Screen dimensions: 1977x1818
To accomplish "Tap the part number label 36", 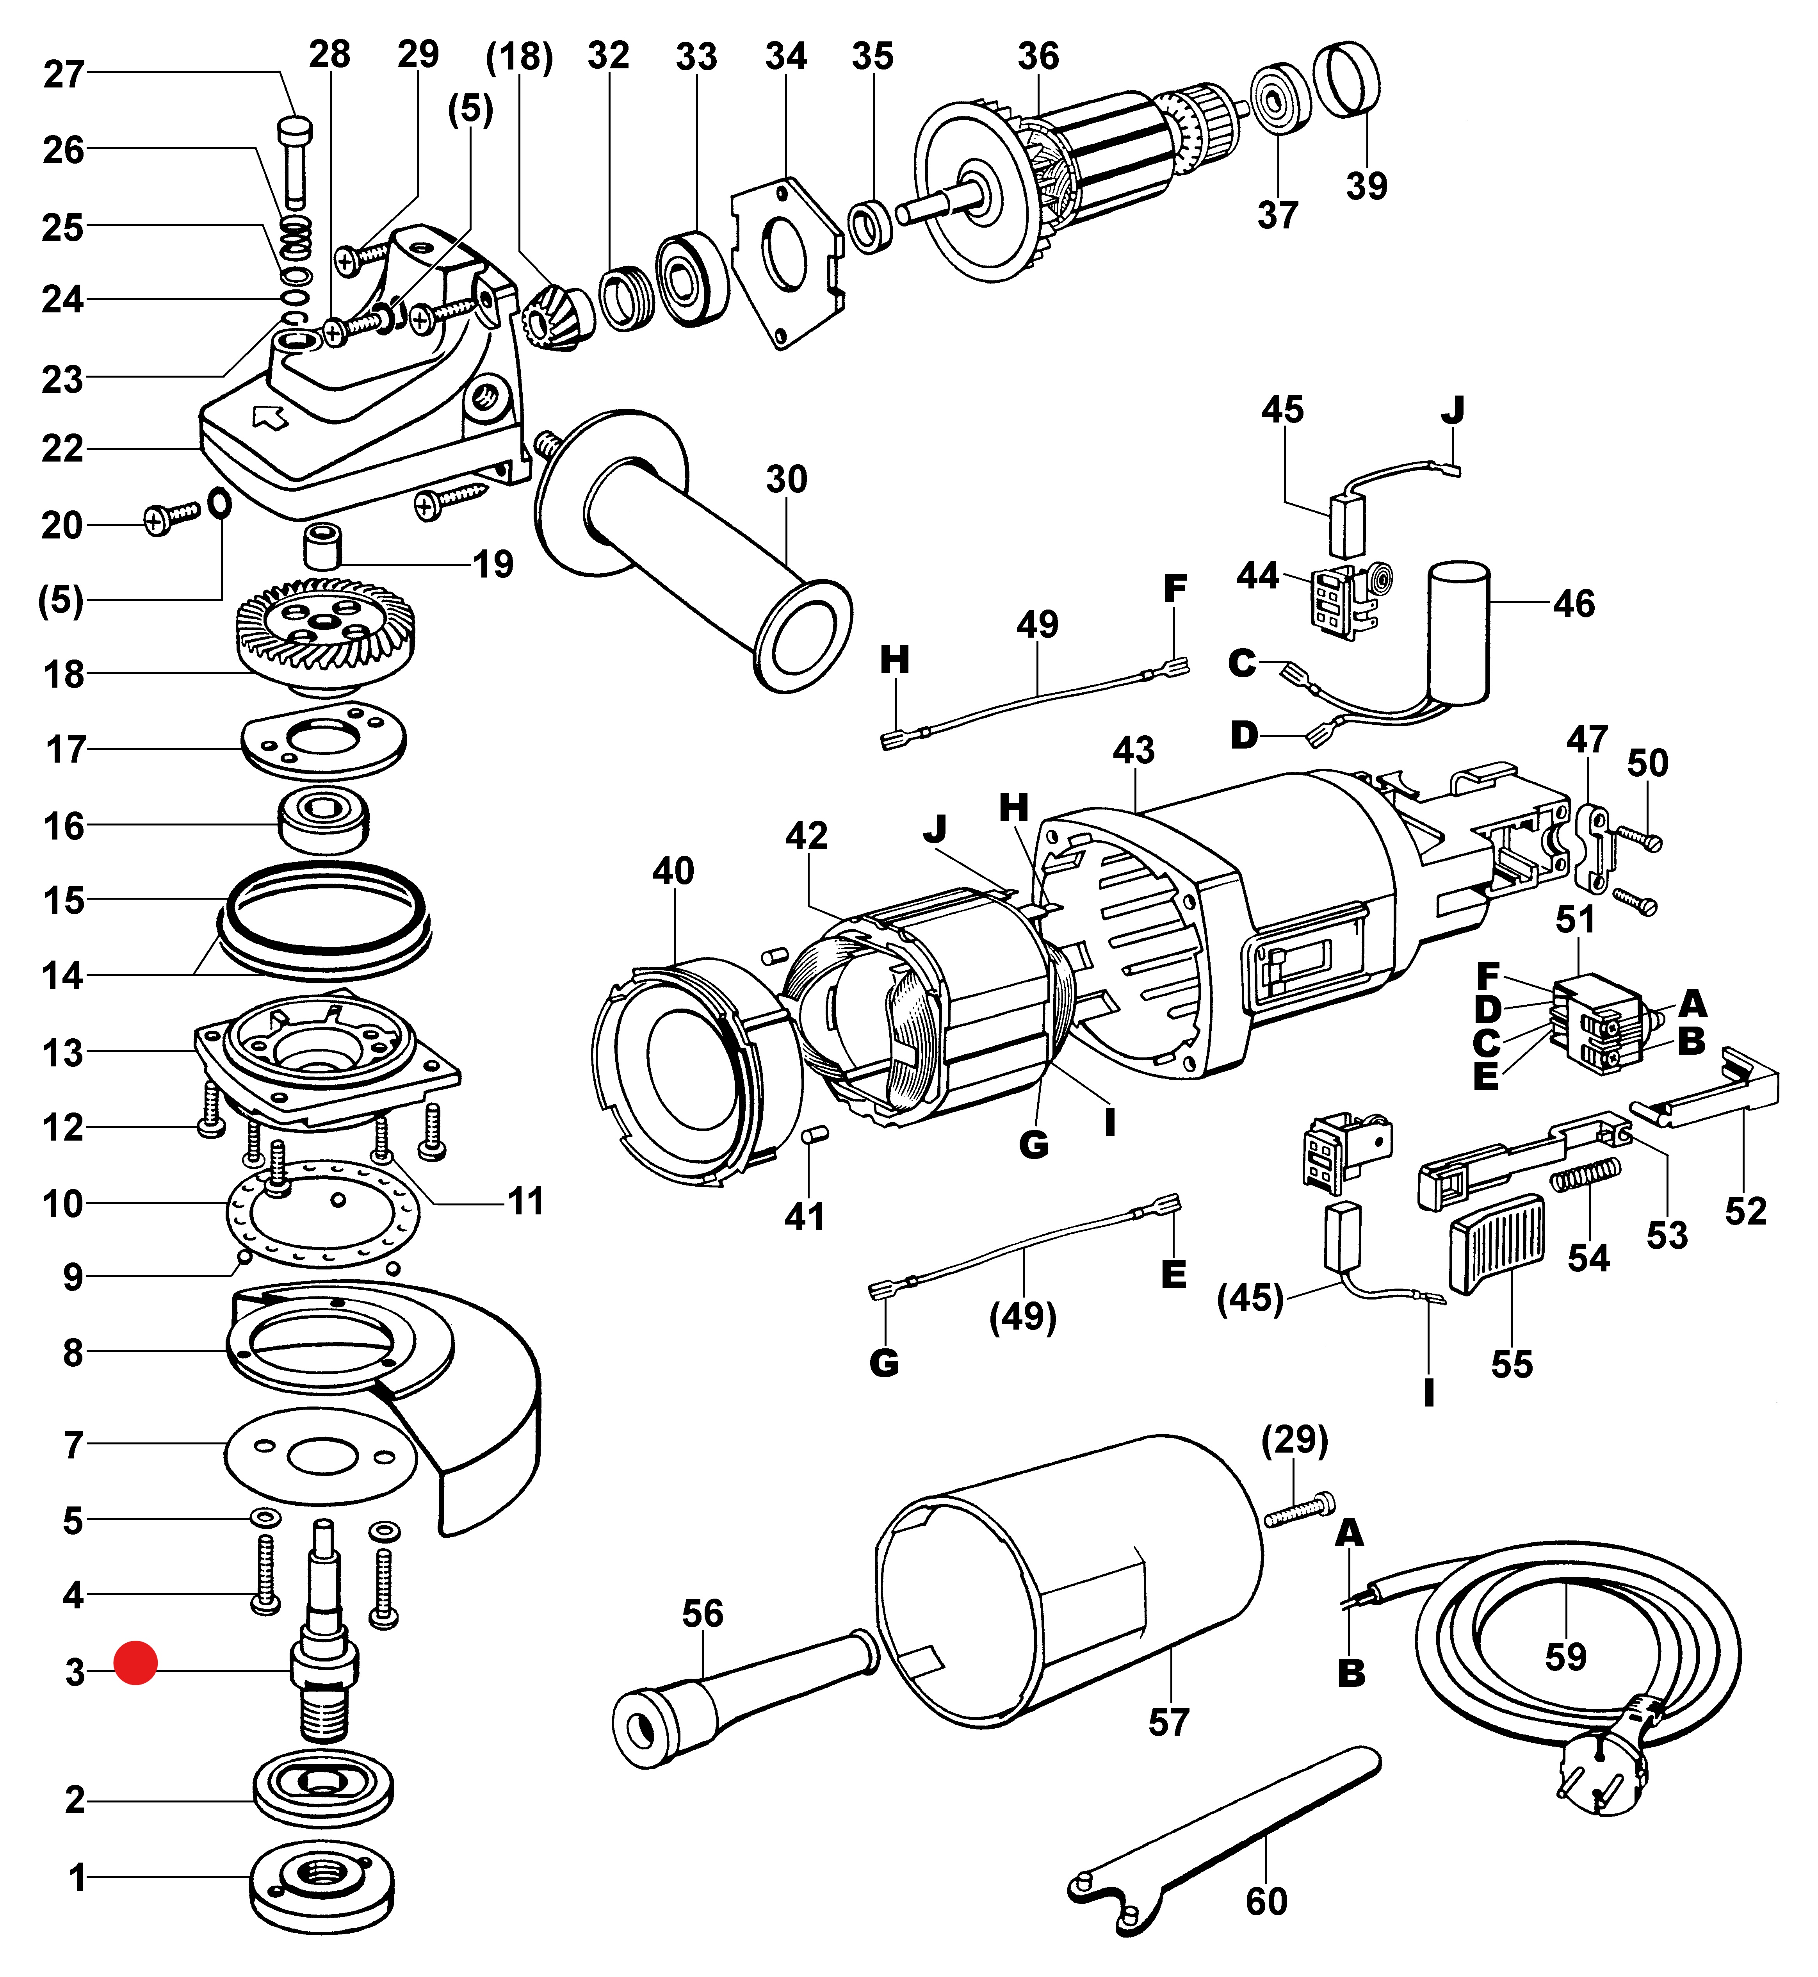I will pyautogui.click(x=1038, y=56).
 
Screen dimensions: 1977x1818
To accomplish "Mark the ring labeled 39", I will pyautogui.click(x=1347, y=79).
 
